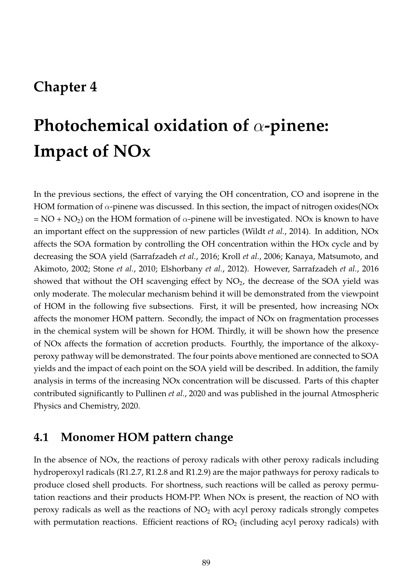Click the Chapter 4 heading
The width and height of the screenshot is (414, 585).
click(65, 87)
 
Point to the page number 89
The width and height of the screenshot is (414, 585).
click(206, 563)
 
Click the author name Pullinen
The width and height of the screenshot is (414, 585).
click(151, 393)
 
